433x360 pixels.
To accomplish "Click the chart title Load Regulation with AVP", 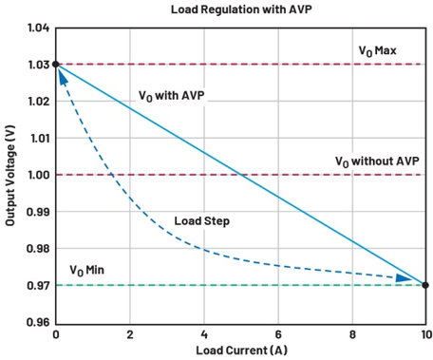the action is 241,9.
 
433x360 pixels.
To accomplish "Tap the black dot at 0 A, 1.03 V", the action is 55,65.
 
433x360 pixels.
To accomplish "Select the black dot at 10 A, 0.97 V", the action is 425,285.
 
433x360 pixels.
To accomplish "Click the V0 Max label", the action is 377,51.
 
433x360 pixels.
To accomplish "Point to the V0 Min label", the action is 86,271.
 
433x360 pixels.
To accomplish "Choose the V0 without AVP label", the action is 377,161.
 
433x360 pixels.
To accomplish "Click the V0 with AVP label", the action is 172,96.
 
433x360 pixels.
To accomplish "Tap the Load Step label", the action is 202,221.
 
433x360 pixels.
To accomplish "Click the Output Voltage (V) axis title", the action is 10,176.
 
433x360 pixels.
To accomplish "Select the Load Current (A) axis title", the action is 242,351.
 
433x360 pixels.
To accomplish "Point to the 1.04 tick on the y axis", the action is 39,28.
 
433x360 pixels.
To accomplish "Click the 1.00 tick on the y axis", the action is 39,175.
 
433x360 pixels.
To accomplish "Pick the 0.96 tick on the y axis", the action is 38,322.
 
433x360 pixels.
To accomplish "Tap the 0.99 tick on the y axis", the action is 38,212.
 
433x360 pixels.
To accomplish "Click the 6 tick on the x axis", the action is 278,334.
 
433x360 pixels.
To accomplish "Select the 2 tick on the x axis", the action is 130,334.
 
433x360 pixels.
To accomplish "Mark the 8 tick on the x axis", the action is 352,334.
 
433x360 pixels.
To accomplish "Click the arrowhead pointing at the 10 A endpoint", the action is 404,278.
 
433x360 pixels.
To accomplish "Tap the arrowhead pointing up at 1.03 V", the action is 63,77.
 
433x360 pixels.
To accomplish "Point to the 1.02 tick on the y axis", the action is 39,102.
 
